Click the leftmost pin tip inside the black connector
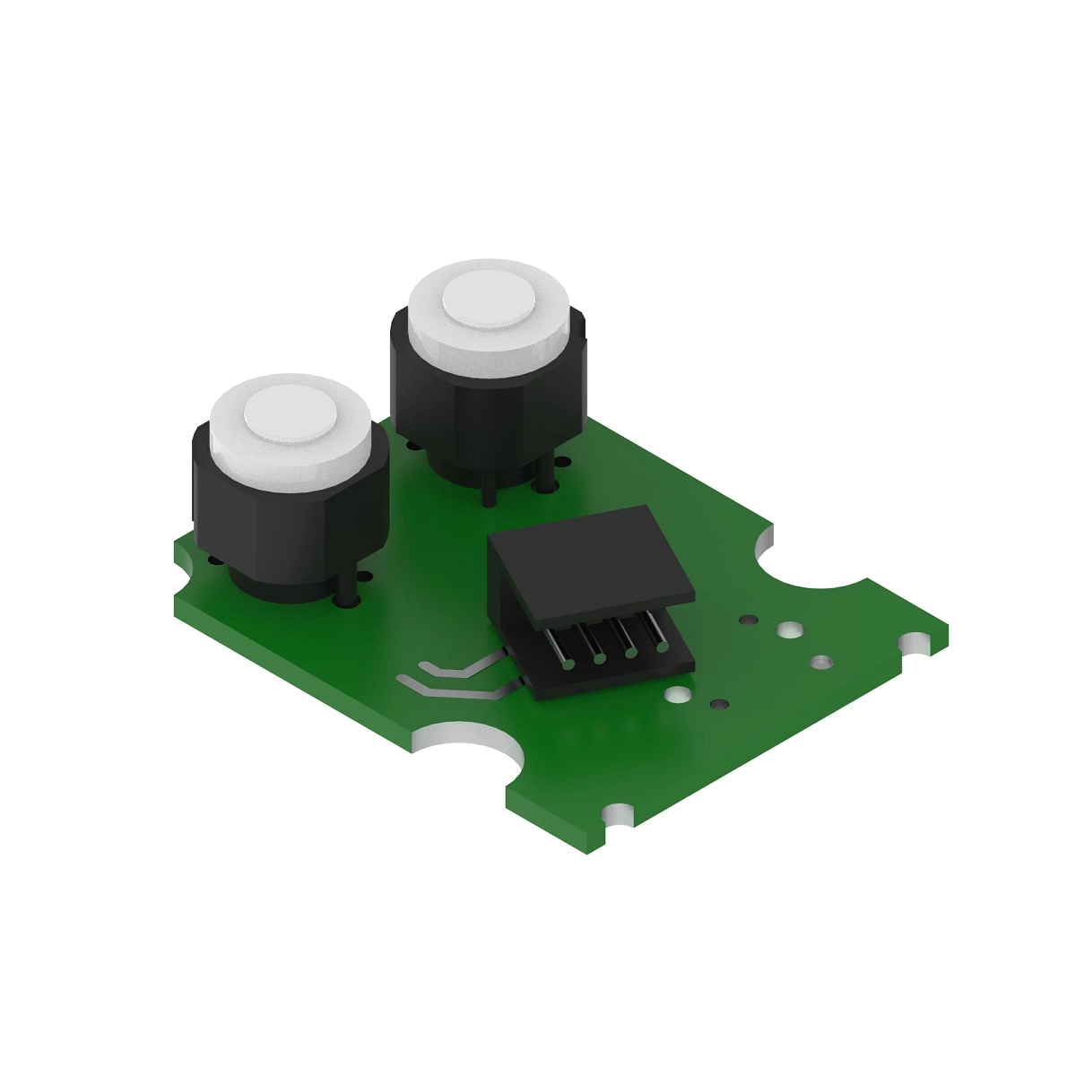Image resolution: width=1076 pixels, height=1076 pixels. pos(568,664)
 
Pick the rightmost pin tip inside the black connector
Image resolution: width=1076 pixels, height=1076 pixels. pos(662,646)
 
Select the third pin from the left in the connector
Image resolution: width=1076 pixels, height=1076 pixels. pos(630,652)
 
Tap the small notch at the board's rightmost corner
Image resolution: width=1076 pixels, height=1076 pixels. pos(915,643)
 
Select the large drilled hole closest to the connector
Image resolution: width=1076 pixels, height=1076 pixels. pos(678,694)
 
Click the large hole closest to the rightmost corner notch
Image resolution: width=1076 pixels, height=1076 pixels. pos(820,663)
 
